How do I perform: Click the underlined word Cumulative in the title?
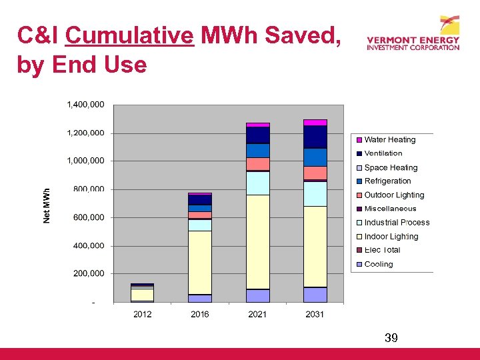coord(129,36)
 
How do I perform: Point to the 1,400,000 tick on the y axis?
coord(85,105)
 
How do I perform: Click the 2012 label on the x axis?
coord(142,314)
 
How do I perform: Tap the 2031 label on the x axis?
coord(315,314)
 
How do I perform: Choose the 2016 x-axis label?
coord(199,314)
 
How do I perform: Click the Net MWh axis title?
coord(47,205)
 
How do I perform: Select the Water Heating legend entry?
coord(389,140)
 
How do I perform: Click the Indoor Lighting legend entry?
coord(391,237)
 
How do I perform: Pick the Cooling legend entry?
coord(378,265)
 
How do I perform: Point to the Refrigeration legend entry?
coord(387,181)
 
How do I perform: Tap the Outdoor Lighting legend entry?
coord(394,195)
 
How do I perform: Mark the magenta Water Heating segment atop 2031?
coord(315,123)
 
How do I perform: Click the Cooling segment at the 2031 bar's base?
coord(315,295)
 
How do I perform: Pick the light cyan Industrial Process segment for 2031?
coord(315,194)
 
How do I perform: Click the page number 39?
coord(391,339)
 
